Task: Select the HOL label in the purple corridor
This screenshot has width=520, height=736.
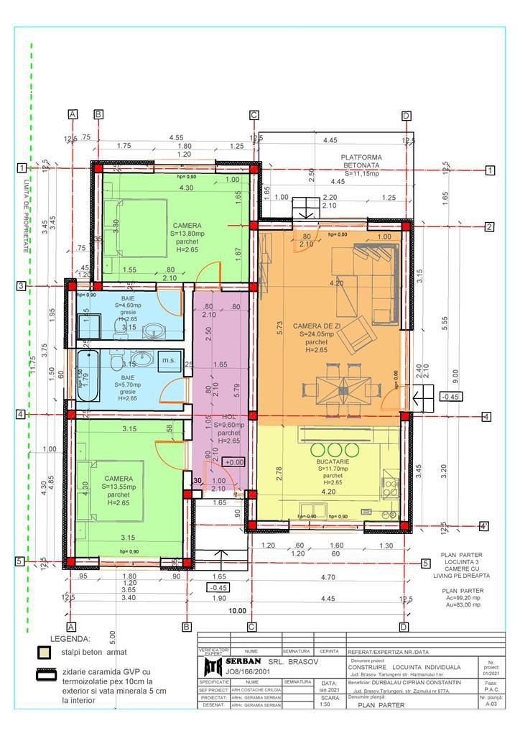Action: click(228, 416)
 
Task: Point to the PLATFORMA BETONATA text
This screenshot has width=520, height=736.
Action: click(361, 161)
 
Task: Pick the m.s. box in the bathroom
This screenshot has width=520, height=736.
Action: click(169, 359)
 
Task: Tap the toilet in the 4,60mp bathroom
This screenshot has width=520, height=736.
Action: click(118, 328)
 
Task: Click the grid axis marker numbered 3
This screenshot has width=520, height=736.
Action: click(22, 286)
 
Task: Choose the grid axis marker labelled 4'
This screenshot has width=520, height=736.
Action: click(485, 526)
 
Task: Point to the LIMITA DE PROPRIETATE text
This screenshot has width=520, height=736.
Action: click(27, 215)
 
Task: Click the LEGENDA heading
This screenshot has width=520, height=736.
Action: click(70, 638)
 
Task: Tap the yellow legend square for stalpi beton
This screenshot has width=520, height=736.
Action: click(45, 653)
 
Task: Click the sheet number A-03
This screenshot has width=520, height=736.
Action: click(491, 705)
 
